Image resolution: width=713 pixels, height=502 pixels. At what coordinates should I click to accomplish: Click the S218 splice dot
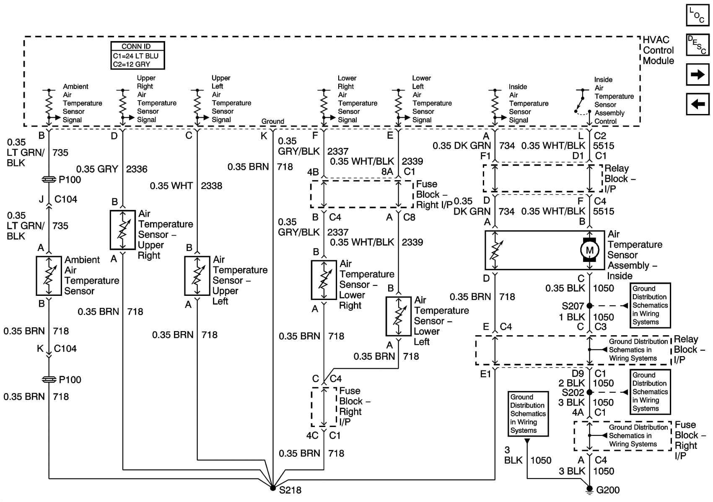coord(273,488)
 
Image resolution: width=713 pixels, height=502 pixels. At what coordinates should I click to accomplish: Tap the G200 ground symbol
coord(589,489)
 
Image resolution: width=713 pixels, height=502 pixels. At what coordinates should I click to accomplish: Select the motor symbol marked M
coord(589,250)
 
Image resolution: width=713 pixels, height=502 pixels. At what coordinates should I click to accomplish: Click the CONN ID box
coord(137,55)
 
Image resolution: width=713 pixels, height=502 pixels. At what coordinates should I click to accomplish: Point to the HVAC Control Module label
coord(658,50)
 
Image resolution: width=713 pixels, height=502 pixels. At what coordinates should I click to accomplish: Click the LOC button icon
coord(697,16)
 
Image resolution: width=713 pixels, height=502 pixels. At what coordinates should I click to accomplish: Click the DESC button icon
coord(697,44)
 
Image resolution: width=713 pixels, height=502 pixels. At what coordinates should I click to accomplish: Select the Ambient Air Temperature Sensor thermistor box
coord(49,276)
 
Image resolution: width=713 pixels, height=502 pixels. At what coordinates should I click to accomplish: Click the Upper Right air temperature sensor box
coord(122,230)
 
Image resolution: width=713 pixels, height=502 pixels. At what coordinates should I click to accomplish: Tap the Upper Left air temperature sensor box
coord(197,276)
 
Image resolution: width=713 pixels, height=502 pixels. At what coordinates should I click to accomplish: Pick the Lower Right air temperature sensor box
coord(324,280)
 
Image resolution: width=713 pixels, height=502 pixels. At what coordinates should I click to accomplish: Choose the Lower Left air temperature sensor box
coord(398,316)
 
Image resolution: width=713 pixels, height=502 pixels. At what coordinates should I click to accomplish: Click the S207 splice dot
coord(589,306)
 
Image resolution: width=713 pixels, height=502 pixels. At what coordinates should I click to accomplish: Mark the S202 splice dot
coord(589,392)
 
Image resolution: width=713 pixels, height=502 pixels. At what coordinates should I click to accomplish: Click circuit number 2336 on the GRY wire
coord(137,169)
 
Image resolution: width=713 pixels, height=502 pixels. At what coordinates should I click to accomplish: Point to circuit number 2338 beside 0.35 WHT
coord(211,186)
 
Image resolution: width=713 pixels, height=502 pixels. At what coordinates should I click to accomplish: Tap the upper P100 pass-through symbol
coord(49,179)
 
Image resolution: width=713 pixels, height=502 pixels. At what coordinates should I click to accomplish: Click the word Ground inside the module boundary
coord(272,121)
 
